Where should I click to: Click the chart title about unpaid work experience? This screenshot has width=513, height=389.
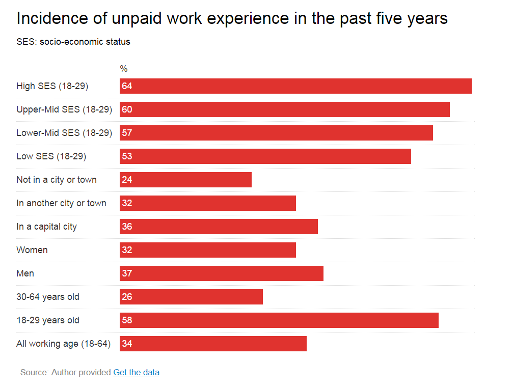[x=232, y=19]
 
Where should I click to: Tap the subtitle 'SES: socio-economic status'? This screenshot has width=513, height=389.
[x=73, y=42]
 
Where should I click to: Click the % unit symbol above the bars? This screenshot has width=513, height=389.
[x=124, y=69]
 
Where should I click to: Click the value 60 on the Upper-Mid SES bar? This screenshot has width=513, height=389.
[x=127, y=109]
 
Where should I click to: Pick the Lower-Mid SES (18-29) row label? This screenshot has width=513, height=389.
[x=64, y=133]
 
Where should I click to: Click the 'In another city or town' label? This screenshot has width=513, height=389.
[x=61, y=203]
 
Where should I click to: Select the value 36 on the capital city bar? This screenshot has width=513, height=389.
[x=127, y=227]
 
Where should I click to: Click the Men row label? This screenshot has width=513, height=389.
[x=25, y=273]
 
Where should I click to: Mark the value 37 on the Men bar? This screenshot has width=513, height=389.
[x=127, y=273]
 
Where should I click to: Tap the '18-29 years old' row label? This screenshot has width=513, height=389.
[x=48, y=320]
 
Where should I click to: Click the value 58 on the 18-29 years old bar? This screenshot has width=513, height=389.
[x=127, y=320]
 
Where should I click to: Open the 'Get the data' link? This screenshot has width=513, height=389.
[x=136, y=372]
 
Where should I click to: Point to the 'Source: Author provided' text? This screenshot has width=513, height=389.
[x=66, y=372]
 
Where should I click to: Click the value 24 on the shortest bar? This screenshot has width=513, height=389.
[x=127, y=180]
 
